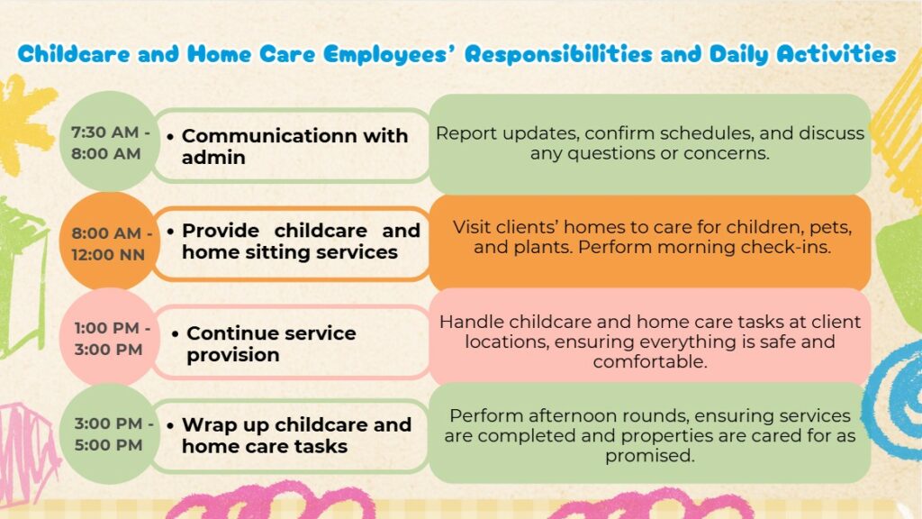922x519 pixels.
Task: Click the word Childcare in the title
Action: [74, 54]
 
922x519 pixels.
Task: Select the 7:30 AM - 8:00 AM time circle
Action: [108, 142]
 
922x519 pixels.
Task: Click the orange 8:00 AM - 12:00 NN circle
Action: [108, 242]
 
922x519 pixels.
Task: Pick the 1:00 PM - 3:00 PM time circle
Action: [108, 338]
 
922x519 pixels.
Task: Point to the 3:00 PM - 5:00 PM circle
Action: [108, 433]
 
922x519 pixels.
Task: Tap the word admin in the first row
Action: [213, 158]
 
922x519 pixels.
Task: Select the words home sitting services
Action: [290, 252]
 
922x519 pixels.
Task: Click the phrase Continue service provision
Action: [271, 343]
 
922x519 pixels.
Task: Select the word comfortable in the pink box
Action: [650, 362]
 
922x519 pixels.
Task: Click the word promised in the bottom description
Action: [650, 456]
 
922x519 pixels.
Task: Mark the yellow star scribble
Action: [23, 124]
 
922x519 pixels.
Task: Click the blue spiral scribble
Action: [895, 400]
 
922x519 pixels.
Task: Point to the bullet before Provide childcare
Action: [170, 232]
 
